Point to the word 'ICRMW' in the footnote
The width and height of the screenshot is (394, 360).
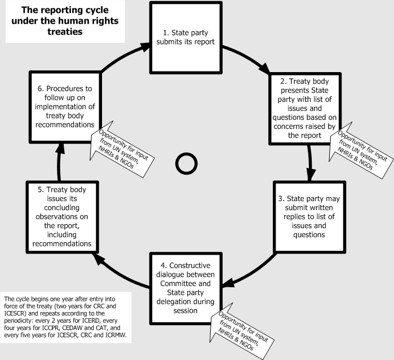116,336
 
